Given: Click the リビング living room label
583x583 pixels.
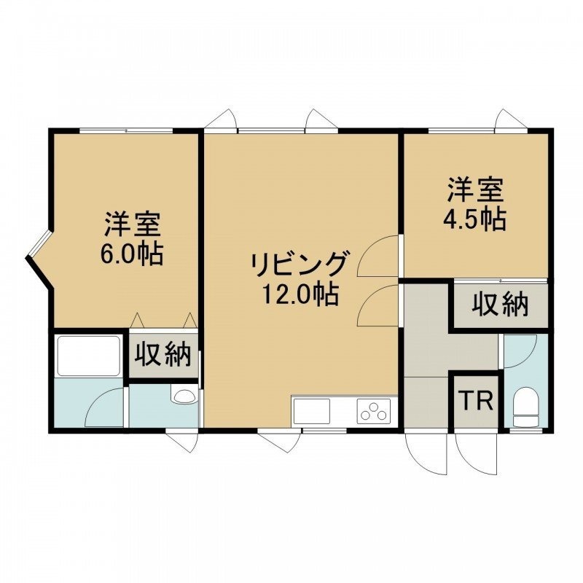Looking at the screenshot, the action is [x=300, y=264].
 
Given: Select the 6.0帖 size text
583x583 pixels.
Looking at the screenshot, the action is [x=133, y=254].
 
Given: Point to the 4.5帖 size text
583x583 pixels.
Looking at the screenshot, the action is [x=475, y=219].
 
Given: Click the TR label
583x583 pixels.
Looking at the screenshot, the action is [x=476, y=400].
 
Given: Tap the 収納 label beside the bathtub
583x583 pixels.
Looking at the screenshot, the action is [x=163, y=355].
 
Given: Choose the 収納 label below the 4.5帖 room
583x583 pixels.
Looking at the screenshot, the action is [x=501, y=305].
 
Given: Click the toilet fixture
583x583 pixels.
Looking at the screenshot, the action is [x=525, y=407].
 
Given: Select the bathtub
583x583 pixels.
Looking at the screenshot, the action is [x=87, y=356].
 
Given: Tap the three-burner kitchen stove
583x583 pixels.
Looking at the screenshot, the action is [x=374, y=410].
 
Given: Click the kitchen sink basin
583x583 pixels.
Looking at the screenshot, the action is [x=312, y=410].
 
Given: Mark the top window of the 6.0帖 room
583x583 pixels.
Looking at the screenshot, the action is [x=126, y=130].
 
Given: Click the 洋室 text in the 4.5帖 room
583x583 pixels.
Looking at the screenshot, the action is [x=475, y=191].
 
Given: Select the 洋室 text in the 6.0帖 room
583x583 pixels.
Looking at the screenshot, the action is [x=133, y=224].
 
